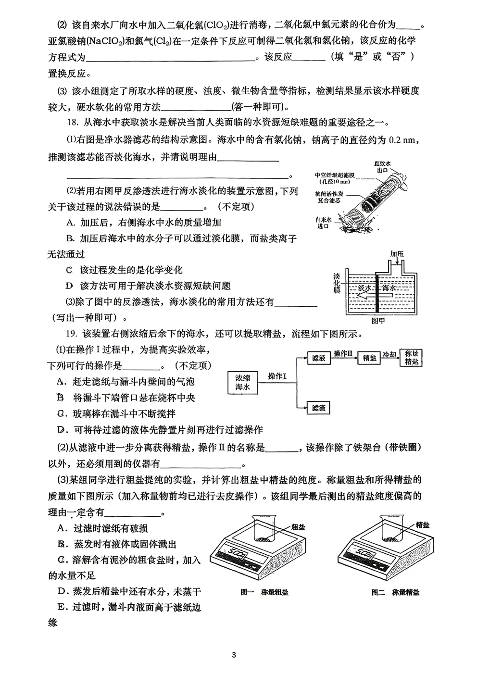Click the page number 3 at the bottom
(234, 654)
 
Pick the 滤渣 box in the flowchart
(318, 408)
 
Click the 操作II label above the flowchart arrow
(343, 354)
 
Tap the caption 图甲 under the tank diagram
(378, 320)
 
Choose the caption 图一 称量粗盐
(264, 592)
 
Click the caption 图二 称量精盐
(395, 592)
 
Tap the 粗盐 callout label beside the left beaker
(298, 527)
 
